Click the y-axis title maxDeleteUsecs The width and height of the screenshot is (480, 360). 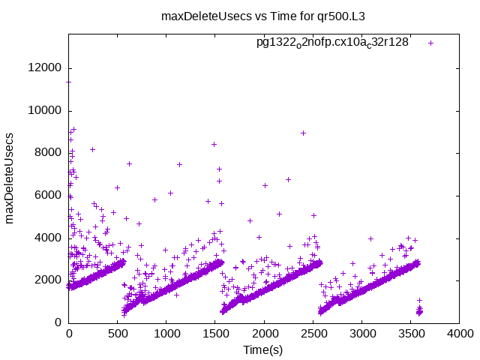point(10,178)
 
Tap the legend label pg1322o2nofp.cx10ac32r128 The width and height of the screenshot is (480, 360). point(332,42)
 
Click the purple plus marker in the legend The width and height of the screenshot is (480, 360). point(430,43)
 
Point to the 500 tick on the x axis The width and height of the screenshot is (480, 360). point(118,334)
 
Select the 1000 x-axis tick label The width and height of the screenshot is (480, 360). point(166,334)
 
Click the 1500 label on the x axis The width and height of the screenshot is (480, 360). point(215,334)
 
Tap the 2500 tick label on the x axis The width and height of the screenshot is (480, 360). point(313,334)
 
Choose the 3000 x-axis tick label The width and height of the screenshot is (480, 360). point(361,334)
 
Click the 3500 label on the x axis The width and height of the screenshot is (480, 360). point(410,334)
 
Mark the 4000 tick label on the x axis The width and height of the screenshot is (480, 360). point(459,334)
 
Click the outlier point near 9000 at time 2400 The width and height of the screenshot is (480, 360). point(303,133)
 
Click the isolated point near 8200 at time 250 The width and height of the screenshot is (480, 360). point(92,149)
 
